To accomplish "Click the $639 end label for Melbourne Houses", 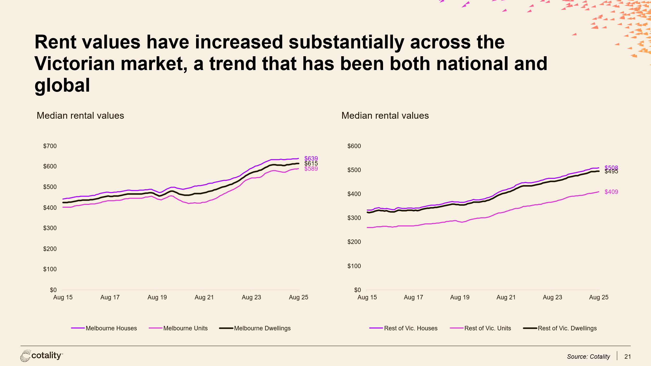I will pyautogui.click(x=311, y=158).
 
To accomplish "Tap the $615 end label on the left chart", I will pyautogui.click(x=311, y=163).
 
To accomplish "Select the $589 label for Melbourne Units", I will pyautogui.click(x=311, y=169).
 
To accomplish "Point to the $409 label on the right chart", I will pyautogui.click(x=611, y=192).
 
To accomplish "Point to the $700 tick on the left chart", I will pyautogui.click(x=50, y=146).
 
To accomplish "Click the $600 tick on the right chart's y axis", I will pyautogui.click(x=354, y=146).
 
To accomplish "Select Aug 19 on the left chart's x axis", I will pyautogui.click(x=157, y=297).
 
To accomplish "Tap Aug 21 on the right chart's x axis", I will pyautogui.click(x=506, y=297).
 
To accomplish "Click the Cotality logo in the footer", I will pyautogui.click(x=42, y=356).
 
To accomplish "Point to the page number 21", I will pyautogui.click(x=628, y=357).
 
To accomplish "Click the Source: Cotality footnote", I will pyautogui.click(x=588, y=357).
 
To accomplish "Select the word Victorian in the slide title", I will pyautogui.click(x=74, y=64).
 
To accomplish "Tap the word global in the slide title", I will pyautogui.click(x=62, y=85).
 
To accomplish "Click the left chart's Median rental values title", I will pyautogui.click(x=80, y=116).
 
